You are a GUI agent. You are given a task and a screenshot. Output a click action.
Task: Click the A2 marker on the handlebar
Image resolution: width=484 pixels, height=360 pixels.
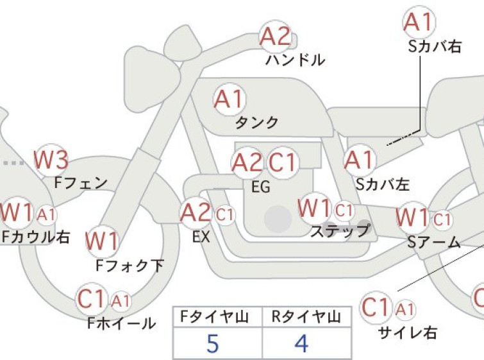click(276, 37)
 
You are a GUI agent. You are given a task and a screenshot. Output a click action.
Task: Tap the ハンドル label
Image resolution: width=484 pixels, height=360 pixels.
click(295, 60)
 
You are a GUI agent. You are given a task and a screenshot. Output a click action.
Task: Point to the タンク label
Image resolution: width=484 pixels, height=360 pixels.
click(257, 123)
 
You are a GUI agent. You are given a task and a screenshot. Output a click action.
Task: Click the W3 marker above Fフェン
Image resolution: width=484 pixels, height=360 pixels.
click(51, 160)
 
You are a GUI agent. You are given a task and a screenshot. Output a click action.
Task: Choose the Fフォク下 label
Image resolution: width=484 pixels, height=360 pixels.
click(129, 266)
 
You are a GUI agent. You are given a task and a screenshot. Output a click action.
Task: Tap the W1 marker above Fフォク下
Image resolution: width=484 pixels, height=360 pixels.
click(102, 241)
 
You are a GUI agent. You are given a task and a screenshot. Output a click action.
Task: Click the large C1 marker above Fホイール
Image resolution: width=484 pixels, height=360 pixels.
click(92, 298)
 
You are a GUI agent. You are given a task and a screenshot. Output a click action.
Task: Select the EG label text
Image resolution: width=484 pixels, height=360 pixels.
click(261, 187)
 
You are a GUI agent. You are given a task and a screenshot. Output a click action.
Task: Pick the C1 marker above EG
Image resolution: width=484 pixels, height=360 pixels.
click(283, 162)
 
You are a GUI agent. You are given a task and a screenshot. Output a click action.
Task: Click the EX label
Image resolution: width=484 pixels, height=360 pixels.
click(201, 237)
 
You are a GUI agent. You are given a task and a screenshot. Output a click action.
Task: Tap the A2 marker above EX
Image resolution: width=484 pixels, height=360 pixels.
click(196, 213)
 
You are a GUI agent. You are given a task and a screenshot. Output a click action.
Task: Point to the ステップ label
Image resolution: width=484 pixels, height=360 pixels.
click(340, 230)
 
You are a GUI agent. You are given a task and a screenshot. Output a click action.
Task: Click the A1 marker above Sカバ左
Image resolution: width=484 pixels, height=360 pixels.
click(360, 160)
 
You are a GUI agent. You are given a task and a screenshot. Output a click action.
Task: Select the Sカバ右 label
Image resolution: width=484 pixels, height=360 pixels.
click(435, 47)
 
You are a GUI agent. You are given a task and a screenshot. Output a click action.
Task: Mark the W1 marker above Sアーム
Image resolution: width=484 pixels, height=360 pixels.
click(413, 218)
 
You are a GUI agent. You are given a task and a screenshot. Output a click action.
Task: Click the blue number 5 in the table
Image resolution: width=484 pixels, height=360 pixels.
click(213, 343)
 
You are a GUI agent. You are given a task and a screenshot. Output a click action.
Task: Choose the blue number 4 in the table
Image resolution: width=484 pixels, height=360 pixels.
click(301, 343)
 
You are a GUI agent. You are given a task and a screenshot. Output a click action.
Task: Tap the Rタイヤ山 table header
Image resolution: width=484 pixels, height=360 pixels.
click(306, 317)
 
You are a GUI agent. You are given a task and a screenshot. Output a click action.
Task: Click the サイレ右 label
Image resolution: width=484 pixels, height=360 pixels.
click(408, 333)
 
